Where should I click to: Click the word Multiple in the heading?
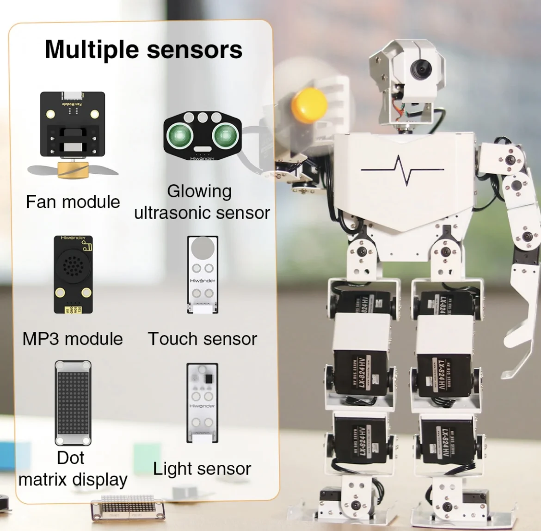point(92,50)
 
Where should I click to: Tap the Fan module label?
point(73,202)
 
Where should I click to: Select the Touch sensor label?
point(202,339)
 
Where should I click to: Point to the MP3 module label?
point(73,339)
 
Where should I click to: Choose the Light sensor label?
point(202,469)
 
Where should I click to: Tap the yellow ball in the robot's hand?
point(309,105)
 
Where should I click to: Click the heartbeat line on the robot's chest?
point(402,170)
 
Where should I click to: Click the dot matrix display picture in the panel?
point(73,403)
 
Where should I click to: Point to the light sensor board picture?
point(202,403)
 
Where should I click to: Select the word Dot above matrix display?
point(70,458)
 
